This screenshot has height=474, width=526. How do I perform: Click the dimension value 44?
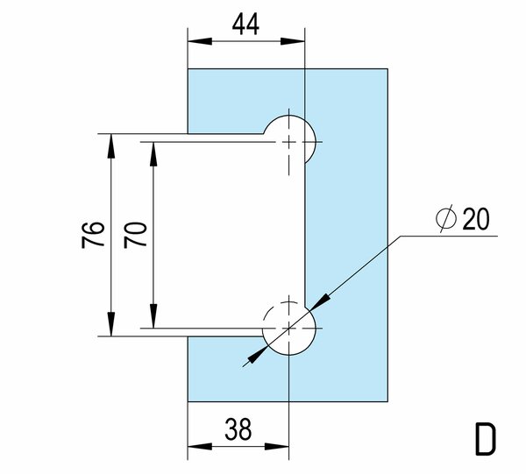pos(245,25)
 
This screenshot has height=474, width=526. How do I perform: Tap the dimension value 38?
pos(238,429)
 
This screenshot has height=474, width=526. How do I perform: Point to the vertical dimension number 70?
pos(135,235)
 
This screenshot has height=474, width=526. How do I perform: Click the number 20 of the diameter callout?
pos(476,219)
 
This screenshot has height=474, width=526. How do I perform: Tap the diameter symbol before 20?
pos(446,218)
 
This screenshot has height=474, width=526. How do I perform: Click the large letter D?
pos(485,439)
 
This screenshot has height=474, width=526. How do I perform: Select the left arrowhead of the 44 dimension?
pos(200,41)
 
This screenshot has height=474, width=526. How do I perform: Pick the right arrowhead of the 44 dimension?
pos(293,41)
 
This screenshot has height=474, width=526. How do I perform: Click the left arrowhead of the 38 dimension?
pos(200,447)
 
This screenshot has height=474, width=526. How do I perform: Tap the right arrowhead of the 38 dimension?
pos(277,447)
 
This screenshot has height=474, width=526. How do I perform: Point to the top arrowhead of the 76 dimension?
pos(111,145)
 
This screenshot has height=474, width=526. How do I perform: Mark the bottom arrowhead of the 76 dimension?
pos(111,324)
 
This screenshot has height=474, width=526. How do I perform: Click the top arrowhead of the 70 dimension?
pos(153,154)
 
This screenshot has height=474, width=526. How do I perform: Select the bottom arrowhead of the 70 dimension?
pos(153,315)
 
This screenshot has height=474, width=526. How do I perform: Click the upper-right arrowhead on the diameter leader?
pos(319,301)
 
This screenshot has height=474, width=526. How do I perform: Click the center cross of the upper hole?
pos(288,142)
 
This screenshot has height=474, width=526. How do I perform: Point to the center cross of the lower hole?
pos(288,328)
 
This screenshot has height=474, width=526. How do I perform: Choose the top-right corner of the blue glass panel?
pos(387,69)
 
